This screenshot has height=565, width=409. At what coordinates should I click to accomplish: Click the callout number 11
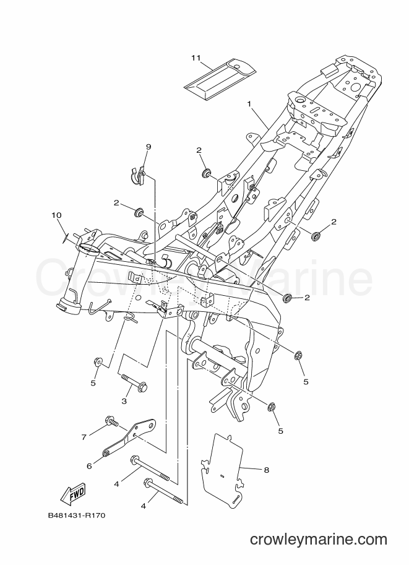pos(196,58)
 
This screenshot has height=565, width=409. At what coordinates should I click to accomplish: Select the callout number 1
pos(249,104)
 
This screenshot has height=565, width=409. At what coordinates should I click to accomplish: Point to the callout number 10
pos(56,215)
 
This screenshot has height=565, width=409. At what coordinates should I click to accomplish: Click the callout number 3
pos(124,400)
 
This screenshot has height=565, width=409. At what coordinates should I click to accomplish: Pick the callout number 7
pos(84,437)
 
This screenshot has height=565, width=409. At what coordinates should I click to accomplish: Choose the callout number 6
pos(89,466)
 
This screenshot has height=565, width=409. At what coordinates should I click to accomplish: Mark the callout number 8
pos(266,470)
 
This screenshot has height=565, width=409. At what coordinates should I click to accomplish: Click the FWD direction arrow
pos(73,494)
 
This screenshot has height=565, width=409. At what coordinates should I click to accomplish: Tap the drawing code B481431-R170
pos(76,515)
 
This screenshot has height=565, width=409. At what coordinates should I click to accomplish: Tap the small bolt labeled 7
pos(112,421)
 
